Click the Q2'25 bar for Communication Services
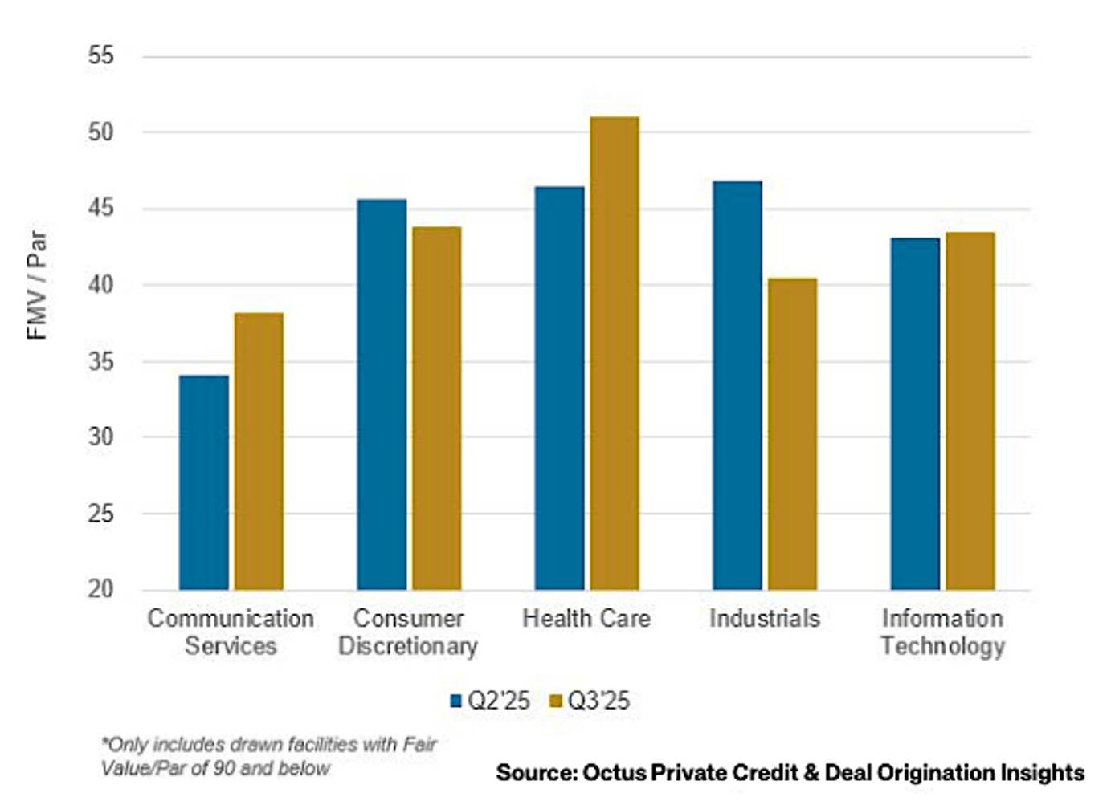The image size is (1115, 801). tap(204, 482)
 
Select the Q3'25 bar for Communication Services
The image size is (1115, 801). tap(259, 451)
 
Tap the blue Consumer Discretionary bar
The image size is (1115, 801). tap(382, 394)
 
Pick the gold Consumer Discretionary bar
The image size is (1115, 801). tap(436, 408)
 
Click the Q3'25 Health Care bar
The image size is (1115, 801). tap(615, 353)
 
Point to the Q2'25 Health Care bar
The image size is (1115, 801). tap(560, 388)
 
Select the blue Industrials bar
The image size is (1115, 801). tap(737, 385)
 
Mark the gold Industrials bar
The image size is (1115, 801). tap(792, 433)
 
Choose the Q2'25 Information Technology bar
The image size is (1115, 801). tap(915, 413)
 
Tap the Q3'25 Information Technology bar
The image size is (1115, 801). tap(970, 411)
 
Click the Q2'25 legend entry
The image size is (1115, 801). tap(490, 701)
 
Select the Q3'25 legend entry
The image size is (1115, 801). tap(590, 701)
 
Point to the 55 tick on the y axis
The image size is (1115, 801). tap(101, 56)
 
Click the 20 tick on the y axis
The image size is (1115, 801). tap(101, 589)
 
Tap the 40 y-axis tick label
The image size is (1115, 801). tap(101, 285)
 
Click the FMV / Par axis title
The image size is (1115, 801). tap(37, 285)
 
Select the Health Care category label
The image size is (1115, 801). tap(586, 619)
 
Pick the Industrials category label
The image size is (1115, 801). tap(765, 619)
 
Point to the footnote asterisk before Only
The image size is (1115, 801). tap(104, 742)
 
